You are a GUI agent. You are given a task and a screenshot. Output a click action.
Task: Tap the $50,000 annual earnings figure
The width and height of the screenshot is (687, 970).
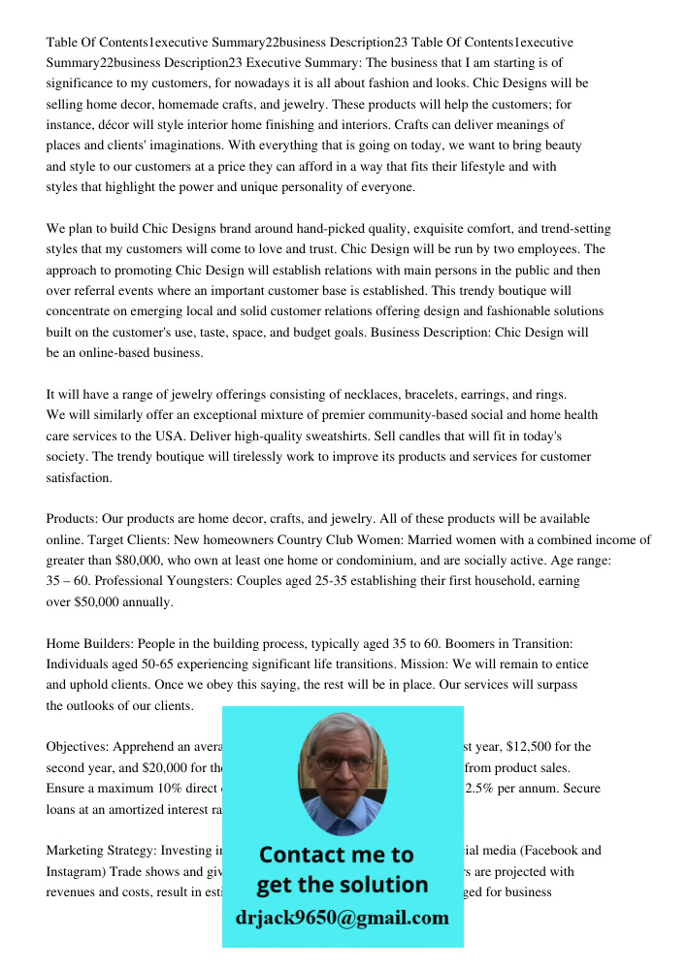pos(102,601)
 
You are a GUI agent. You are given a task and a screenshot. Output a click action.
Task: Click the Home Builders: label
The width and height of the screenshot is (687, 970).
pos(89,643)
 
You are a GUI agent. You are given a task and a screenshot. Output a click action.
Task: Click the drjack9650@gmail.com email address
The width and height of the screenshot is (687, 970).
pos(343,918)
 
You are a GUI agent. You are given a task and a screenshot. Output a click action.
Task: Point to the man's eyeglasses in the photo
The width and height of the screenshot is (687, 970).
pos(343,763)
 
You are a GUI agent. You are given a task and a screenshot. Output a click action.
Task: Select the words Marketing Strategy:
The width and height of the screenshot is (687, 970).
pos(102,851)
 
